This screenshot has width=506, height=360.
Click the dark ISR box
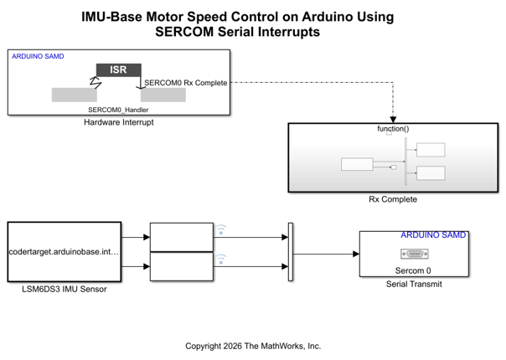tap(119, 69)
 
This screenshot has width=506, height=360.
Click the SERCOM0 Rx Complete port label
tap(185, 82)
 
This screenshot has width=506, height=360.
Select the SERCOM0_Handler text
tap(117, 109)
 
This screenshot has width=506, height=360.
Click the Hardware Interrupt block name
tap(119, 122)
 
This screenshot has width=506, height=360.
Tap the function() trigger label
tap(393, 129)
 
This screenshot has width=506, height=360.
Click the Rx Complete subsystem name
tap(393, 199)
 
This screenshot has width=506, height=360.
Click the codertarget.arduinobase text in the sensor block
tap(65, 251)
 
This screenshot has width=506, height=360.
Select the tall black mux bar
tap(291, 252)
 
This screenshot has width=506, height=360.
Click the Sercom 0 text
tap(413, 270)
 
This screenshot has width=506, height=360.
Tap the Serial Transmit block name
tap(413, 285)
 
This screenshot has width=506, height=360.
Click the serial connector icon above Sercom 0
tap(413, 255)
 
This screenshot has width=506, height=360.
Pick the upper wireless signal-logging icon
tap(221, 228)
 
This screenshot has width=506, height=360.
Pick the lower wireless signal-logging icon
tap(221, 259)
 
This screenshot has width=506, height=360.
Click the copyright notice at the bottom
tap(253, 345)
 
